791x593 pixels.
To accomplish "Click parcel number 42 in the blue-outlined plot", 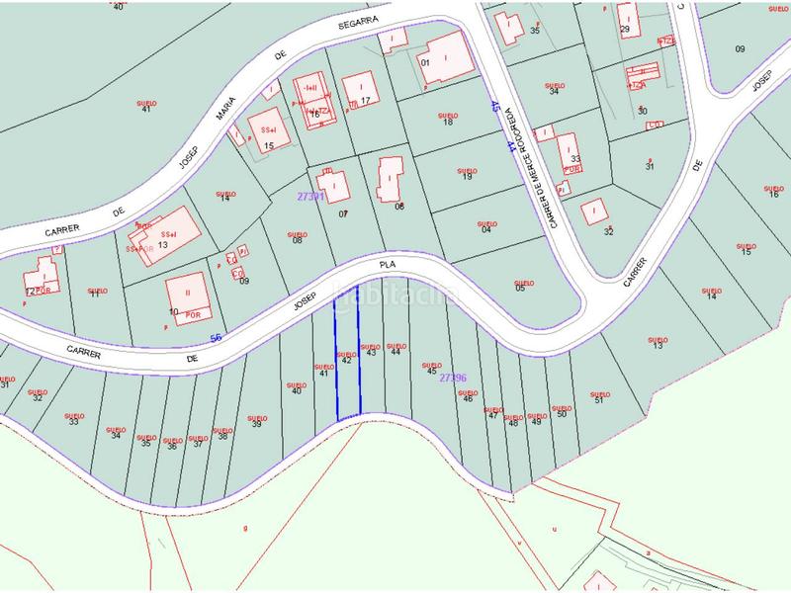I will pos(346,362).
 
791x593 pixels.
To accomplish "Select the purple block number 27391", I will pos(310,197).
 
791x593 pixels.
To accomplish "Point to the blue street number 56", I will pos(216,338).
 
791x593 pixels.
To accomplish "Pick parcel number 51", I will pos(598,399).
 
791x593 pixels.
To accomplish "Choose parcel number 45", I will pos(431,371).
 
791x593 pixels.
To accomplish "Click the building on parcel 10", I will pos(185,294).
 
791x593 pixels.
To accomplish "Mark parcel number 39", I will pos(256,424).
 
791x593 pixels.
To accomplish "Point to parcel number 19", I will pos(468,177).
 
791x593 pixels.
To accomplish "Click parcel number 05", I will pos(519,288).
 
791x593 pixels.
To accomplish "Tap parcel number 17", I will pos(365,101).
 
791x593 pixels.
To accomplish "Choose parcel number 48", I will pos(513,422).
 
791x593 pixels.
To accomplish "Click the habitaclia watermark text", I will pos(395,294).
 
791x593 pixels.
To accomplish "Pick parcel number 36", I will pos(172,447).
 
